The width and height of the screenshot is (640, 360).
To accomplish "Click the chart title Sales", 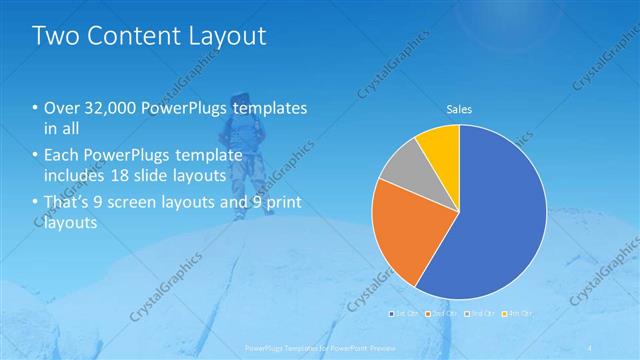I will tap(459, 109).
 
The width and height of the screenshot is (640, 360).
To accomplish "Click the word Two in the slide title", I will tap(55, 37).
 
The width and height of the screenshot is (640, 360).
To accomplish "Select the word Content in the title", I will tap(130, 37).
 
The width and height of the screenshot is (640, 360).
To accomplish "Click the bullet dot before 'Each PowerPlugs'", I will tap(36, 156).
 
